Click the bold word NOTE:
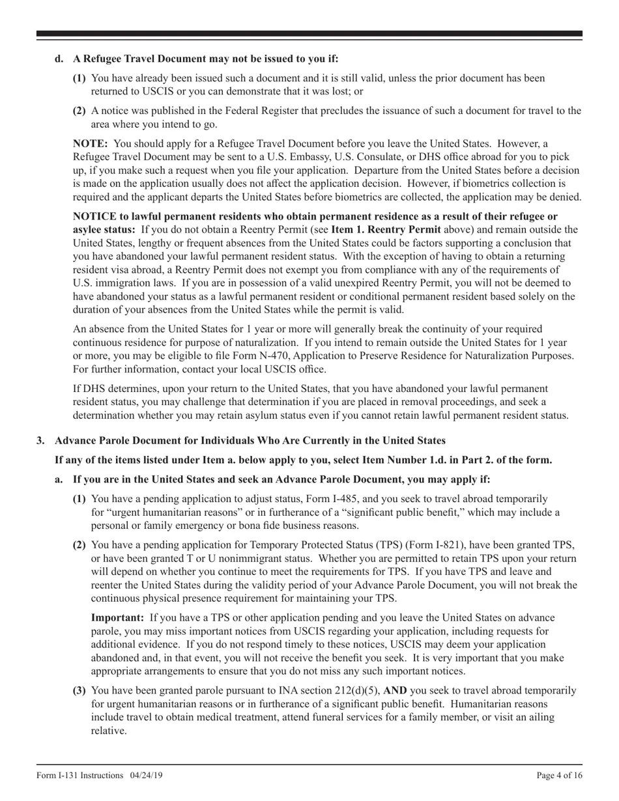pyautogui.click(x=90, y=144)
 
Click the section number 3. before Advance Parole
pyautogui.click(x=40, y=440)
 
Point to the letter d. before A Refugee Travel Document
pyautogui.click(x=59, y=59)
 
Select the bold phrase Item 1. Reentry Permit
pyautogui.click(x=386, y=229)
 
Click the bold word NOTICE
pyautogui.click(x=94, y=216)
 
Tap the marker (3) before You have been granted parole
pyautogui.click(x=79, y=690)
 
